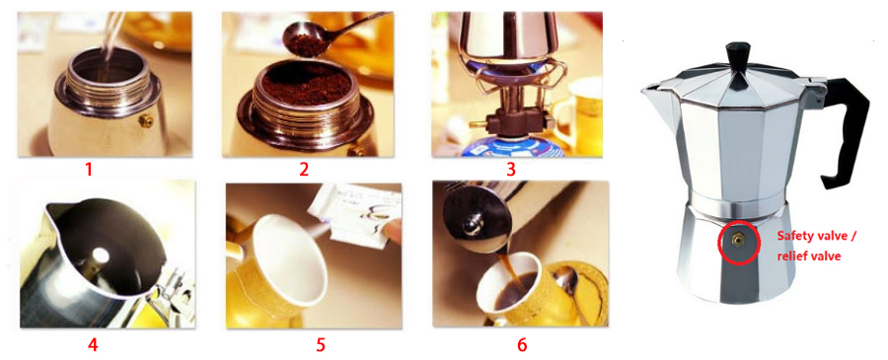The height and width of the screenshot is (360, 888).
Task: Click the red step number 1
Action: coord(89,169)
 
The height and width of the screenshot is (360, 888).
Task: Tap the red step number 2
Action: coord(304,169)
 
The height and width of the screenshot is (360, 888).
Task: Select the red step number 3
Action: coord(511,169)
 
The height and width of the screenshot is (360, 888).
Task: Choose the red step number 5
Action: coord(321,344)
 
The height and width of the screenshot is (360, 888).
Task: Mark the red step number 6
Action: coord(522,344)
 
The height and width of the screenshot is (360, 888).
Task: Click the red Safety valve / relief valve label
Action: coord(817,246)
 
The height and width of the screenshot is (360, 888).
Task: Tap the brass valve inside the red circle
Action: coord(738,242)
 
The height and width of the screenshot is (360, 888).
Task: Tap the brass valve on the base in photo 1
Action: coord(144,120)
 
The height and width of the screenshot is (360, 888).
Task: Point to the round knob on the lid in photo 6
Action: coord(470,228)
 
